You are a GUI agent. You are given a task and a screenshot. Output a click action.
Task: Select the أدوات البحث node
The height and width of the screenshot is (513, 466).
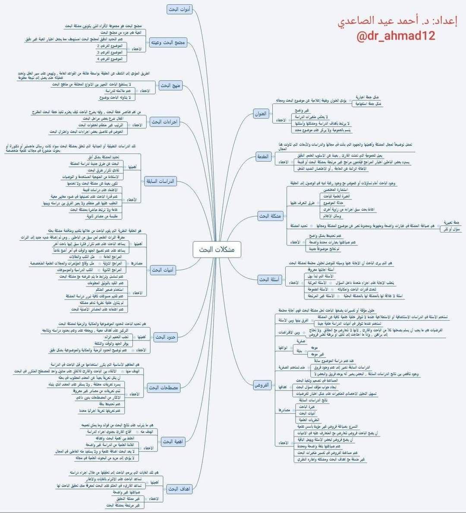pyautogui.click(x=180, y=9)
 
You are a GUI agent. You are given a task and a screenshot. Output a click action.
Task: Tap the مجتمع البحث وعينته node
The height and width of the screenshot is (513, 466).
pyautogui.click(x=168, y=43)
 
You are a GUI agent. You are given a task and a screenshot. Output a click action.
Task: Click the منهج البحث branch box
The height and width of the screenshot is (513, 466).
pyautogui.click(x=171, y=85)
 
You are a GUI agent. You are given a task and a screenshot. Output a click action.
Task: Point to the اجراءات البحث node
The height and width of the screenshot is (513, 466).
pyautogui.click(x=165, y=122)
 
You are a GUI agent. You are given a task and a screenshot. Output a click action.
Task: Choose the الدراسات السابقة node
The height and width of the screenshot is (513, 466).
pyautogui.click(x=161, y=181)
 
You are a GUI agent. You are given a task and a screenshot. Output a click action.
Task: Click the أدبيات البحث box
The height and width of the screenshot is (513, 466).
pyautogui.click(x=163, y=270)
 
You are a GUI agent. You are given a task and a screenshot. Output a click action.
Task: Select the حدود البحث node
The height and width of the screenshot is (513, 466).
pyautogui.click(x=166, y=337)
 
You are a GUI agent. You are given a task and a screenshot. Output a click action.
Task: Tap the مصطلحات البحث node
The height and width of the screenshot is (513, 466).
pyautogui.click(x=164, y=388)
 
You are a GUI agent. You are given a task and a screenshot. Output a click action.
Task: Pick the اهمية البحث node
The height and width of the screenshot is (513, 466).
pyautogui.click(x=173, y=441)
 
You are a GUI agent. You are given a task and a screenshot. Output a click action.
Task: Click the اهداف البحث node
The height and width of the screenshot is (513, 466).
pyautogui.click(x=179, y=489)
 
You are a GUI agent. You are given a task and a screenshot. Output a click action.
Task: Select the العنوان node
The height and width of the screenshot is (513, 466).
pyautogui.click(x=261, y=114)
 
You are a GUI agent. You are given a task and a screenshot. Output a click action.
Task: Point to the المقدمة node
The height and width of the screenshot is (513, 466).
pyautogui.click(x=263, y=157)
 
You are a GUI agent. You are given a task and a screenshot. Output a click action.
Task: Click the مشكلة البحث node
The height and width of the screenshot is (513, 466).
pyautogui.click(x=270, y=216)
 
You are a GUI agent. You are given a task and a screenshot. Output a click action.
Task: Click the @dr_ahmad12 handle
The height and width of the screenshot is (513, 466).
pyautogui.click(x=396, y=36)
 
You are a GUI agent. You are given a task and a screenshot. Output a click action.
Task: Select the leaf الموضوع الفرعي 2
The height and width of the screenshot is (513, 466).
pyautogui.click(x=110, y=46)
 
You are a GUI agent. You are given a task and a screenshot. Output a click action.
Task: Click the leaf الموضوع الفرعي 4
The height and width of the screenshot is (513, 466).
pyautogui.click(x=110, y=59)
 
